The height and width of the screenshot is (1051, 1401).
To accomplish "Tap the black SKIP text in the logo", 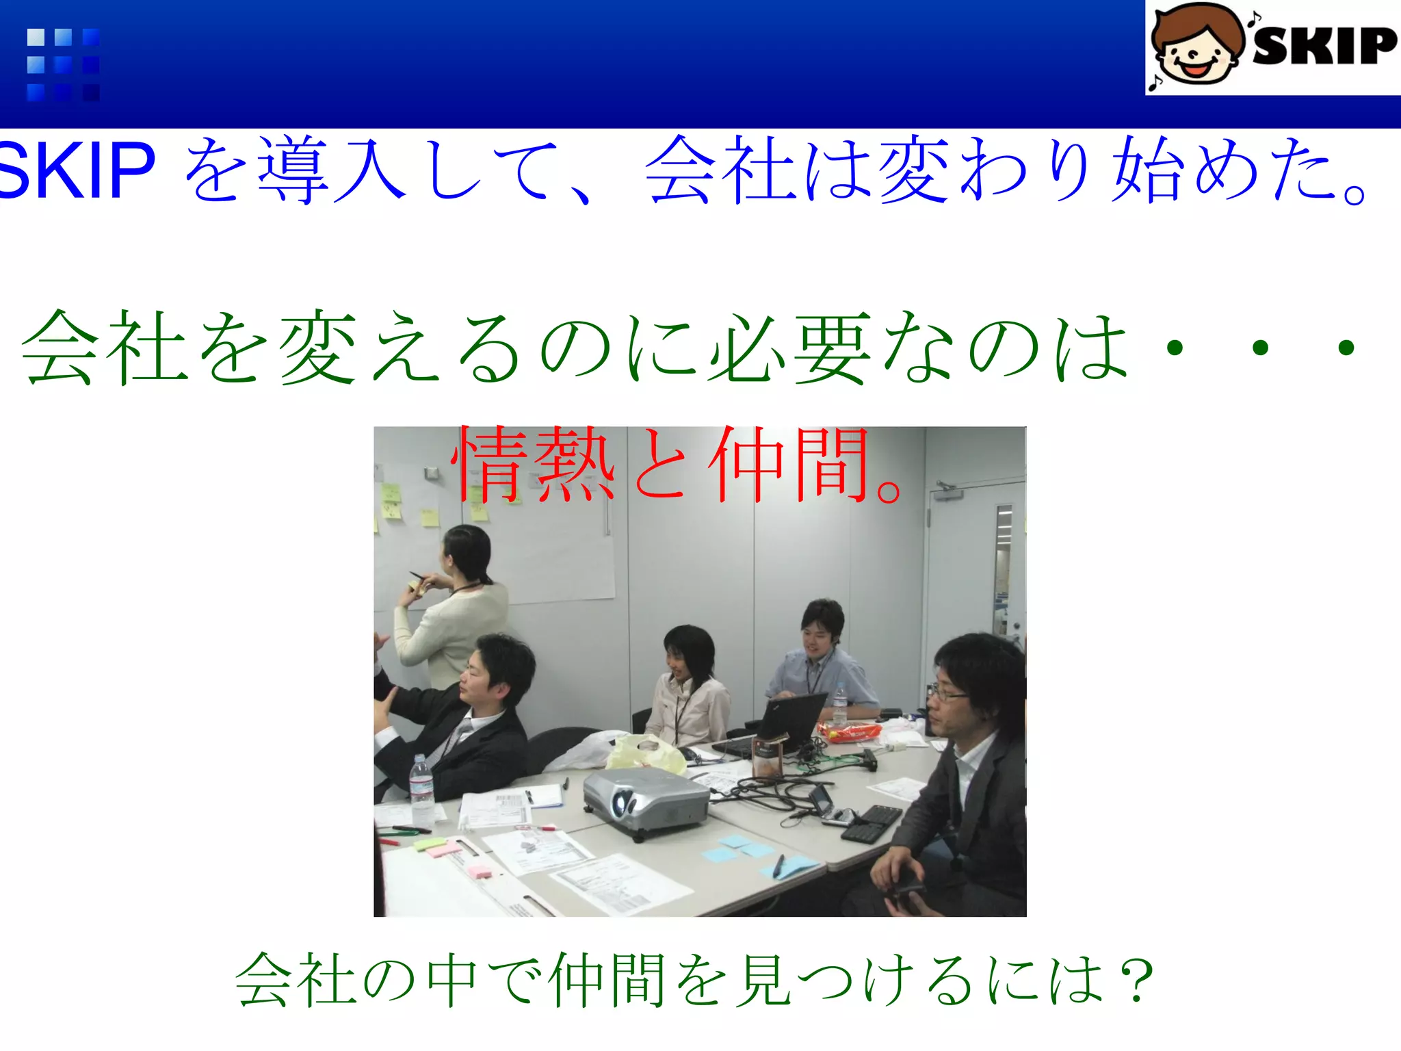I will click(x=1324, y=47).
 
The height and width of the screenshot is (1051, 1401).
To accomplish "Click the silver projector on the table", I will click(x=644, y=801).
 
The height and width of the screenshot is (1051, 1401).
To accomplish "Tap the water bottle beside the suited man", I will click(x=421, y=787).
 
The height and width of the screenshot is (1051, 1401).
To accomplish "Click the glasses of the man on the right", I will click(x=947, y=693).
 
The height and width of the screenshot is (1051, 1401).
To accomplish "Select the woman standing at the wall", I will click(x=455, y=602).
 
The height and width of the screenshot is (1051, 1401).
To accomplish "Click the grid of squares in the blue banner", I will click(x=63, y=64).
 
